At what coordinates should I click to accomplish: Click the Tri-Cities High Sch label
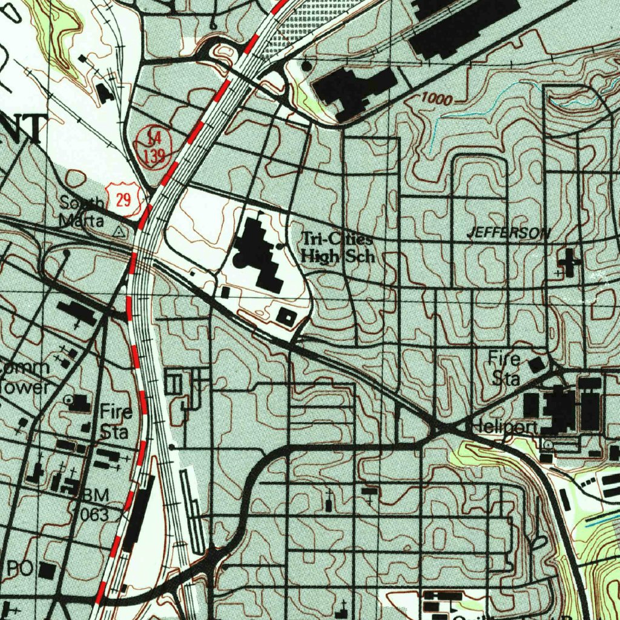[x=338, y=247]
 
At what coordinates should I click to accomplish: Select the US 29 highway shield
[x=124, y=200]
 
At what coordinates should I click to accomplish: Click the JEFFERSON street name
[x=509, y=232]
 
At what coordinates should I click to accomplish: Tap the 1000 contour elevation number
[x=437, y=99]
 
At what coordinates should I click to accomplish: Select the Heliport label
[x=504, y=428]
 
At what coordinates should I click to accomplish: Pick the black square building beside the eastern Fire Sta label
[x=536, y=365]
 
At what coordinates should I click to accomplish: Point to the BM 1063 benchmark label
[x=93, y=505]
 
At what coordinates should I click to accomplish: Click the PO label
[x=20, y=569]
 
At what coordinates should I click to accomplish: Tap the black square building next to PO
[x=47, y=570]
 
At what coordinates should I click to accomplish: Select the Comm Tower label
[x=24, y=377]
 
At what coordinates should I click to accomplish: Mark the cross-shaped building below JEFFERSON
[x=570, y=262]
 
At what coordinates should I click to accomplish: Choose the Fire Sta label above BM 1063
[x=116, y=422]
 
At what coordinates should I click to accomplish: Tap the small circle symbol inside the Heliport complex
[x=549, y=444]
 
